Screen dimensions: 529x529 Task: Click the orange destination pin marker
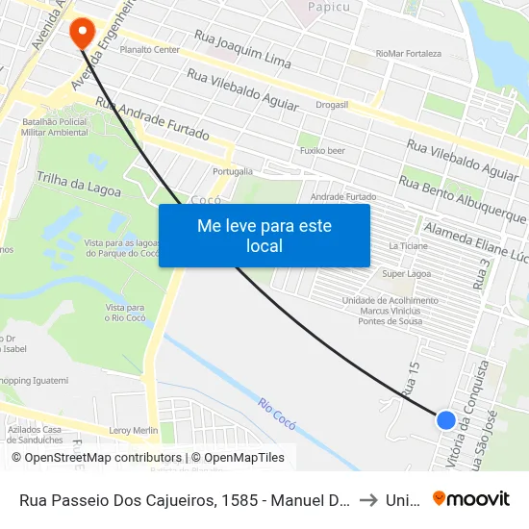[82, 32]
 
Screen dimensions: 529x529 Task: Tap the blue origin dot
[445, 419]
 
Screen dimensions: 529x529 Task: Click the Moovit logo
[470, 498]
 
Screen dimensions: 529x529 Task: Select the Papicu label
[327, 8]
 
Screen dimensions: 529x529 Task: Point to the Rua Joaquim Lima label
[242, 49]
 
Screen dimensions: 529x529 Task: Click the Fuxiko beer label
[322, 151]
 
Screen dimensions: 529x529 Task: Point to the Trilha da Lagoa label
[79, 184]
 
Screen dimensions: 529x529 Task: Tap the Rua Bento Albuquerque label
[463, 200]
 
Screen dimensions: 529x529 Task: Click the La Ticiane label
[407, 246]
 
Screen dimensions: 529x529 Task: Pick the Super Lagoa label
[406, 274]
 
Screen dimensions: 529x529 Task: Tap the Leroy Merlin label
[133, 430]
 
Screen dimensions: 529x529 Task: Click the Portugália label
[232, 171]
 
